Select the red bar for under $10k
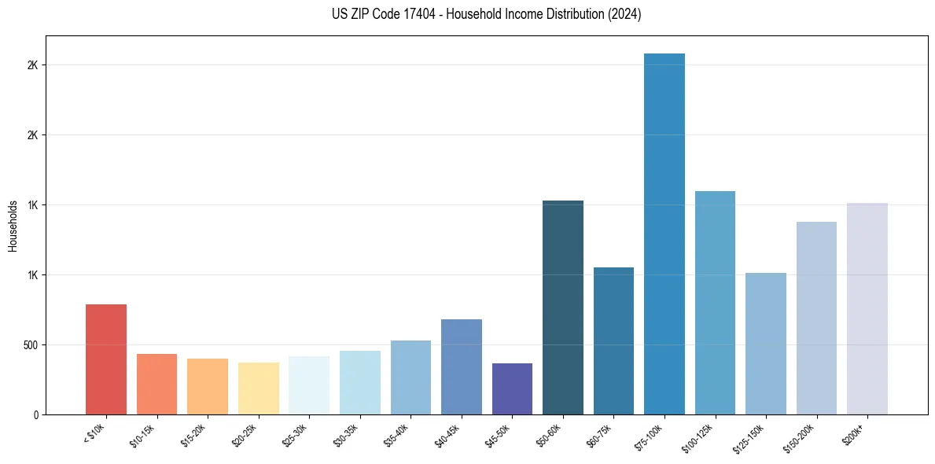pos(106,359)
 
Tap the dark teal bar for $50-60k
pos(562,307)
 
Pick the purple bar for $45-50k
pos(512,389)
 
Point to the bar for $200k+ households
pos(867,308)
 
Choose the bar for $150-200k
pos(816,318)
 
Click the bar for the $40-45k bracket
pos(461,366)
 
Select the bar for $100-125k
pos(715,303)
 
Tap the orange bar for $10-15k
pos(156,384)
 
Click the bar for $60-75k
pos(613,341)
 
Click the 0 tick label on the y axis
pos(36,414)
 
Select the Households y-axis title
pos(13,226)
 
